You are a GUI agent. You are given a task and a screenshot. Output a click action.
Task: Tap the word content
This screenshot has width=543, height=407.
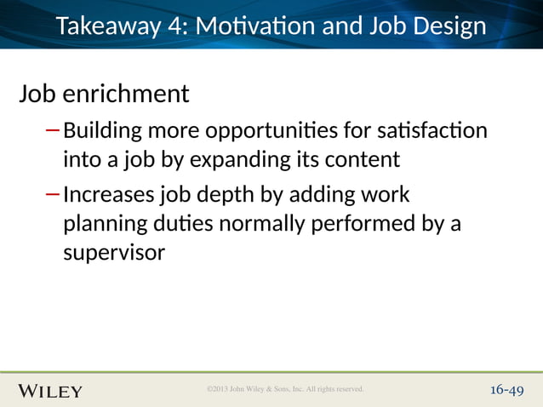coord(362,159)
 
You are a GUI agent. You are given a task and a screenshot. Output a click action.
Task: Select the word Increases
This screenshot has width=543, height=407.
coord(109,195)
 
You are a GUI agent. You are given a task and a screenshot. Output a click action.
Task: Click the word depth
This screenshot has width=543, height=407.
coord(225,195)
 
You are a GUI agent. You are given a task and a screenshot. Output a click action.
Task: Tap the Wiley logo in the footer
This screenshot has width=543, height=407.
coord(50,391)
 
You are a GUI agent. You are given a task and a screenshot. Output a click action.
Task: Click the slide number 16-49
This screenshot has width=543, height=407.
coord(506,390)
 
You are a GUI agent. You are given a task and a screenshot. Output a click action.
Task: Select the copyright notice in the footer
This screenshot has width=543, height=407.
coord(285,389)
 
